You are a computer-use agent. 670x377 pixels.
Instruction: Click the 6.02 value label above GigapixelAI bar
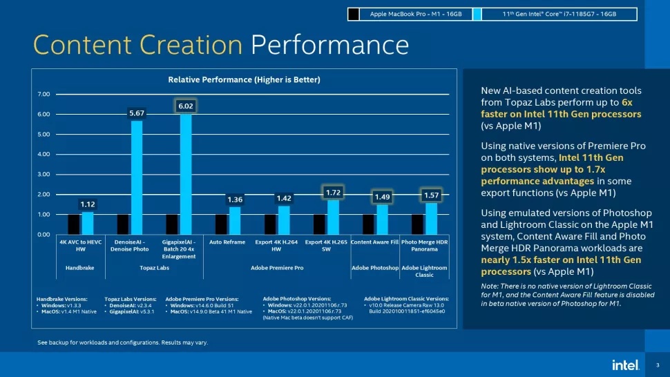pos(185,106)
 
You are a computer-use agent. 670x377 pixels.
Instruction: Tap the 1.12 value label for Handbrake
pos(87,204)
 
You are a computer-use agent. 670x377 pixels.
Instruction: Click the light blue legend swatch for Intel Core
pos(477,14)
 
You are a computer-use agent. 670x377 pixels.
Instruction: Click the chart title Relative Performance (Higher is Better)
pos(244,80)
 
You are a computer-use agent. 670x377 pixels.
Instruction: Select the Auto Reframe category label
pos(227,242)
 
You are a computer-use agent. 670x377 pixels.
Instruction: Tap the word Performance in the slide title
pos(329,45)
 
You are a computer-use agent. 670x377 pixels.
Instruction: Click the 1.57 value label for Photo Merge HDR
pos(431,195)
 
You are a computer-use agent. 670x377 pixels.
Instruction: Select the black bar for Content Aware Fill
pos(368,224)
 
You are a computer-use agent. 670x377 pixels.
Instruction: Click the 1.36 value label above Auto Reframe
pos(235,200)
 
